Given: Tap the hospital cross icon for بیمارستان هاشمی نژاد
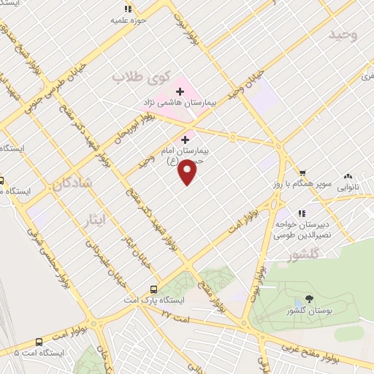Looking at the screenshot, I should [180, 92].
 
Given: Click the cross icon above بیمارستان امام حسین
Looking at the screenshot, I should [185, 139].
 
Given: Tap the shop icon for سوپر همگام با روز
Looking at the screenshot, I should [302, 172].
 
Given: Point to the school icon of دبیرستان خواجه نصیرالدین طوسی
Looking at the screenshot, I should [281, 213].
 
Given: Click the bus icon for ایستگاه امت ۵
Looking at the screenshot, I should [38, 340].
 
